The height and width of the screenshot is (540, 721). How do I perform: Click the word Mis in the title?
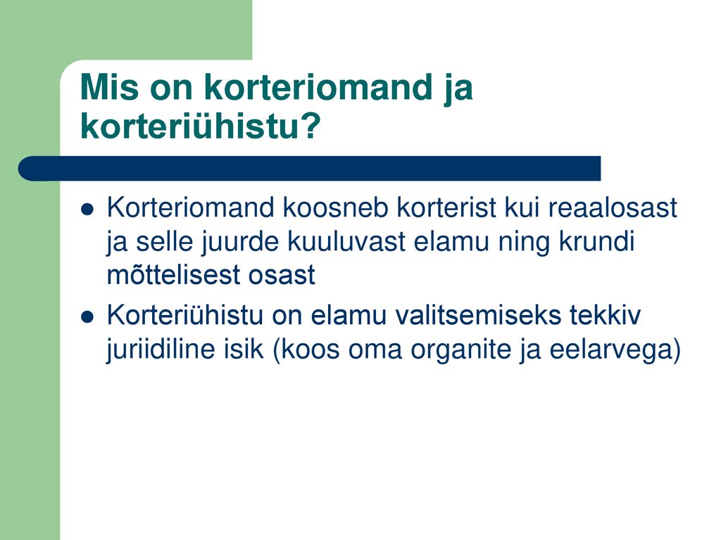click(x=109, y=86)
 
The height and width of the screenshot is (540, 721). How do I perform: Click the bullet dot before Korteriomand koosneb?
click(x=87, y=210)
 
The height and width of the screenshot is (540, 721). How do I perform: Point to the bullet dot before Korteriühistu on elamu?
click(x=87, y=317)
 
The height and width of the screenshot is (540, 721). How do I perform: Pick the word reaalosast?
click(x=612, y=207)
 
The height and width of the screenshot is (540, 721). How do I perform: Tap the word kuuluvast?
click(x=346, y=242)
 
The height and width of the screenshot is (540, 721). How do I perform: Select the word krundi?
click(x=596, y=242)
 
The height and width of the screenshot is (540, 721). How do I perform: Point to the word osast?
click(x=282, y=276)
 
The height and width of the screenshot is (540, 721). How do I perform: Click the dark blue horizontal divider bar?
click(x=310, y=169)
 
